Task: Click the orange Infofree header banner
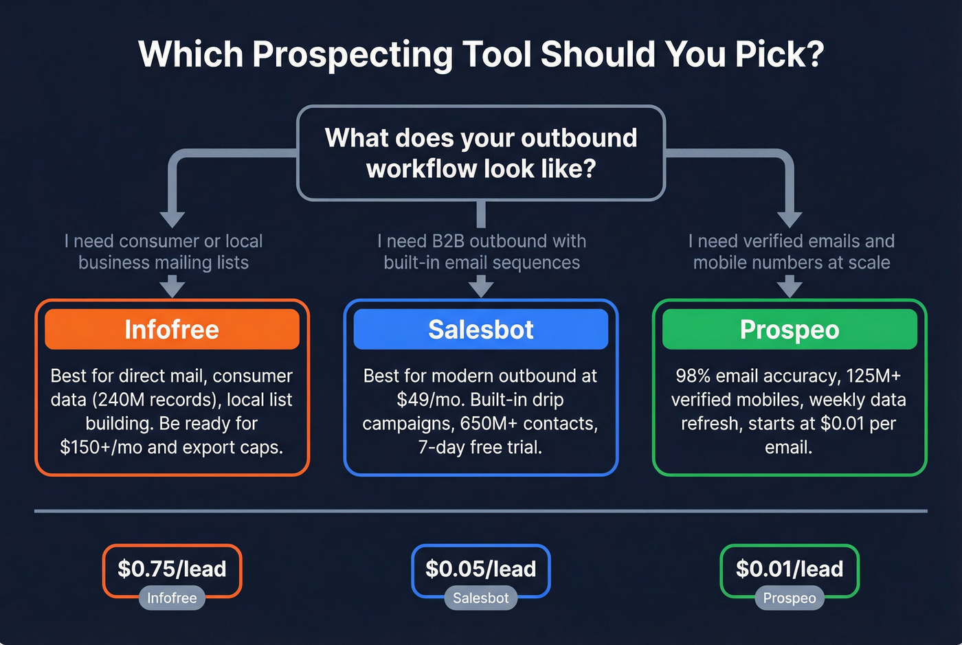172,329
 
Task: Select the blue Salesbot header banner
480,329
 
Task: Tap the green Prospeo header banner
790,329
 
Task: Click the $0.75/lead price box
172,569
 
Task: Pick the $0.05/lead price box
480,569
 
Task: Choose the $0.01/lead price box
790,569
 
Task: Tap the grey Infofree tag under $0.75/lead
172,598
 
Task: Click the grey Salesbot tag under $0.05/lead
480,598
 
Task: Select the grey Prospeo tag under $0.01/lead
790,598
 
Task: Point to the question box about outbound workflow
481,152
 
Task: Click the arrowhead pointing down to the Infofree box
172,286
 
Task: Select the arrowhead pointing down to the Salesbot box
481,286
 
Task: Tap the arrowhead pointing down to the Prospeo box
790,286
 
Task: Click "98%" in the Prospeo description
693,376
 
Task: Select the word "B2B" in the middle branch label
448,241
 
